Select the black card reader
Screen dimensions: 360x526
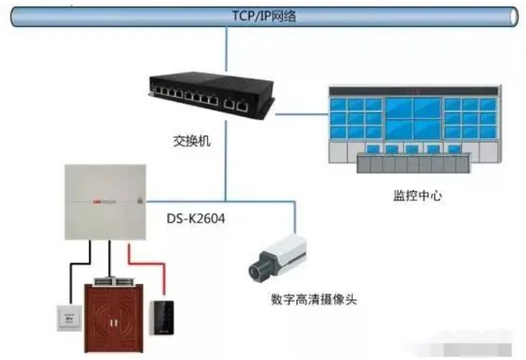(160, 317)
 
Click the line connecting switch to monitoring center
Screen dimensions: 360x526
(301, 113)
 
